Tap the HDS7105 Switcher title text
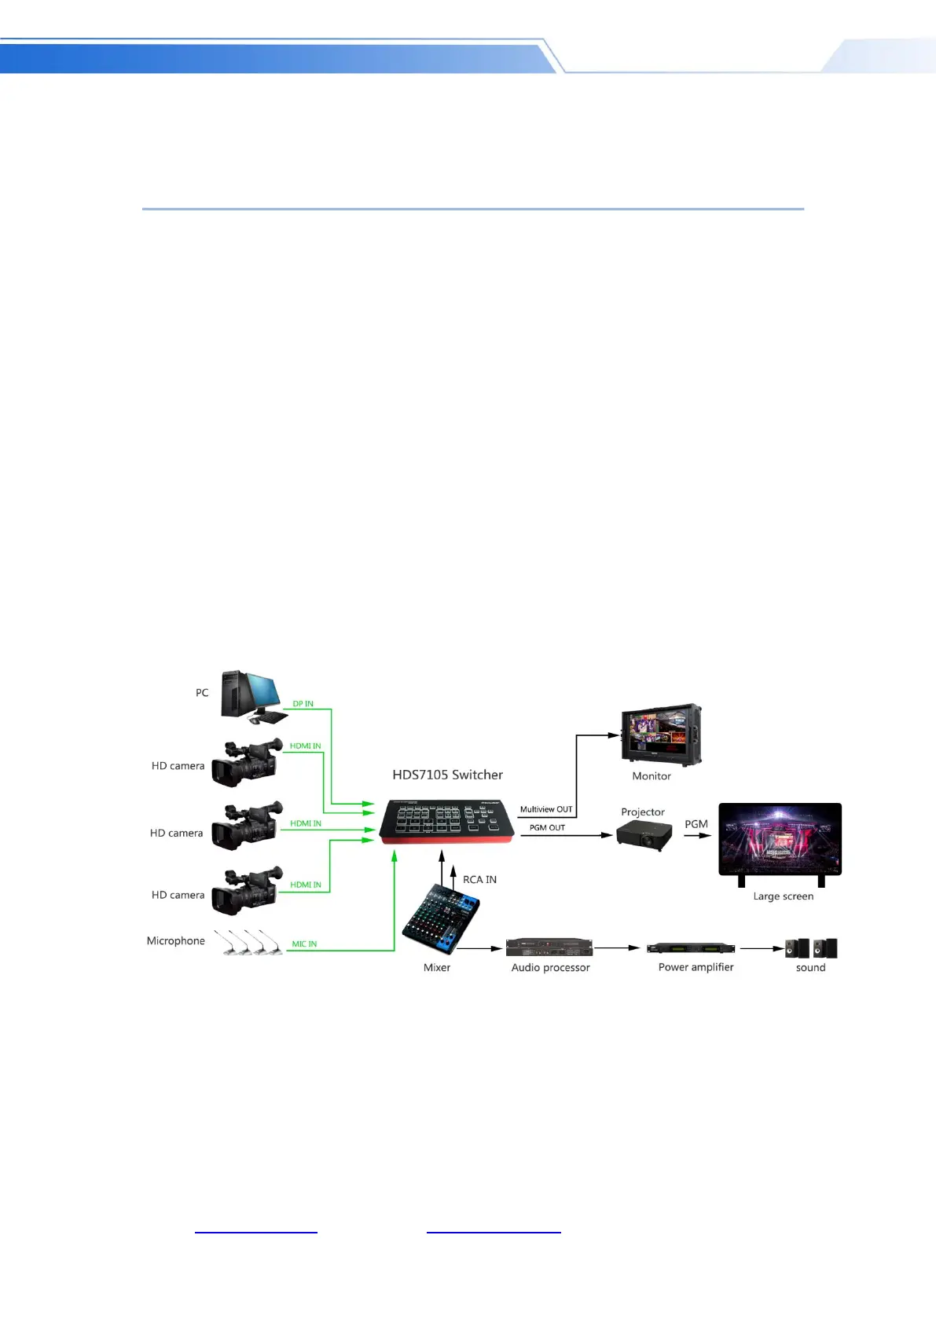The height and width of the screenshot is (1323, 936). (447, 775)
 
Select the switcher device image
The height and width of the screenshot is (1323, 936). (446, 822)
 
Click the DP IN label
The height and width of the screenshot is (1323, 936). (303, 704)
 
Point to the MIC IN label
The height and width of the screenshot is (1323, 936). (304, 944)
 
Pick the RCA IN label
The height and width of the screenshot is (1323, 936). (479, 880)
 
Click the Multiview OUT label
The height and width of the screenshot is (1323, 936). (546, 809)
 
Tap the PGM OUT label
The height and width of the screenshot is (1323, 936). (547, 828)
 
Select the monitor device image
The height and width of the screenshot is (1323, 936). (661, 735)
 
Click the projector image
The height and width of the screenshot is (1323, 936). (644, 835)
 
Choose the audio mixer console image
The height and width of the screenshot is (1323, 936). (441, 918)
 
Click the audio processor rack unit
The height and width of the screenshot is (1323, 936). (549, 947)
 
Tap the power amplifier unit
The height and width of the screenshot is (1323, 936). (690, 948)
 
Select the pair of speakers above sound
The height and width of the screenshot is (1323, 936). (811, 948)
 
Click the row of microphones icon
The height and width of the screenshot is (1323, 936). (248, 942)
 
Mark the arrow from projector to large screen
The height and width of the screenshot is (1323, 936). (697, 836)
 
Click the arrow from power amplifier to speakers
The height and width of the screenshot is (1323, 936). (762, 948)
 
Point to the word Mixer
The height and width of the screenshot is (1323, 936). (437, 968)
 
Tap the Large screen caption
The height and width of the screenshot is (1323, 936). (783, 896)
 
